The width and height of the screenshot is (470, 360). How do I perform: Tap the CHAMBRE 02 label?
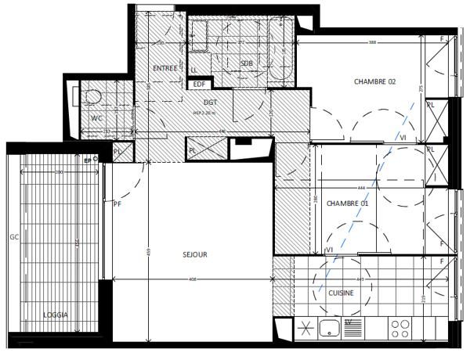[375, 81]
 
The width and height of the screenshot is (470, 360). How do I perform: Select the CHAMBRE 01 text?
[347, 203]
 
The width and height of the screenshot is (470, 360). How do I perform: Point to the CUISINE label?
[340, 293]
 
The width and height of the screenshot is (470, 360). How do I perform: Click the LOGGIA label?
[55, 315]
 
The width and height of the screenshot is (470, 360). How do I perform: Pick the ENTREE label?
[164, 68]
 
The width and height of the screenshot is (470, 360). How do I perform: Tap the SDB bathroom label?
[246, 63]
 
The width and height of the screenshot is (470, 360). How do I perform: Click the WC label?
[96, 118]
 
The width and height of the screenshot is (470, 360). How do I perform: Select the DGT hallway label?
[210, 103]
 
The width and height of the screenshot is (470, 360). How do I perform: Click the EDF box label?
[199, 84]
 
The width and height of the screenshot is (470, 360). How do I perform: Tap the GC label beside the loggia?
[13, 236]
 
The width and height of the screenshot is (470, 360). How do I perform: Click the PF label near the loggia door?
[117, 204]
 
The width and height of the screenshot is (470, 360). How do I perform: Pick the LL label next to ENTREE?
[193, 70]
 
